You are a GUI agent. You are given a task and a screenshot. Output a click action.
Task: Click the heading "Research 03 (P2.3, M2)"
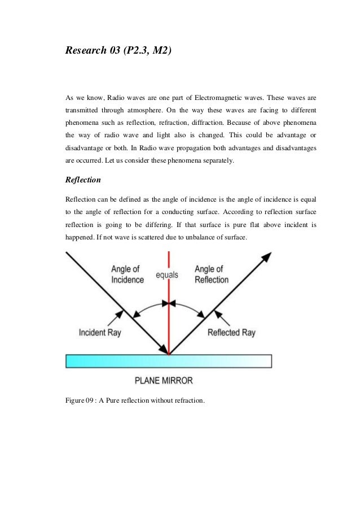point(118,52)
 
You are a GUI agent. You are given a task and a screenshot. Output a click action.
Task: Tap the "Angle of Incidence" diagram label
point(128,274)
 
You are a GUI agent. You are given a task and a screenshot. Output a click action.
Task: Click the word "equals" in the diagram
point(167,275)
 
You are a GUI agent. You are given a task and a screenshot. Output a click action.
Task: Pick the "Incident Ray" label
point(100,332)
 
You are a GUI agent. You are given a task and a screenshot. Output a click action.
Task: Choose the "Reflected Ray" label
point(231,332)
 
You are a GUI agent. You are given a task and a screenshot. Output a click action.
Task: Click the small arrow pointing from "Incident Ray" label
point(119,314)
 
